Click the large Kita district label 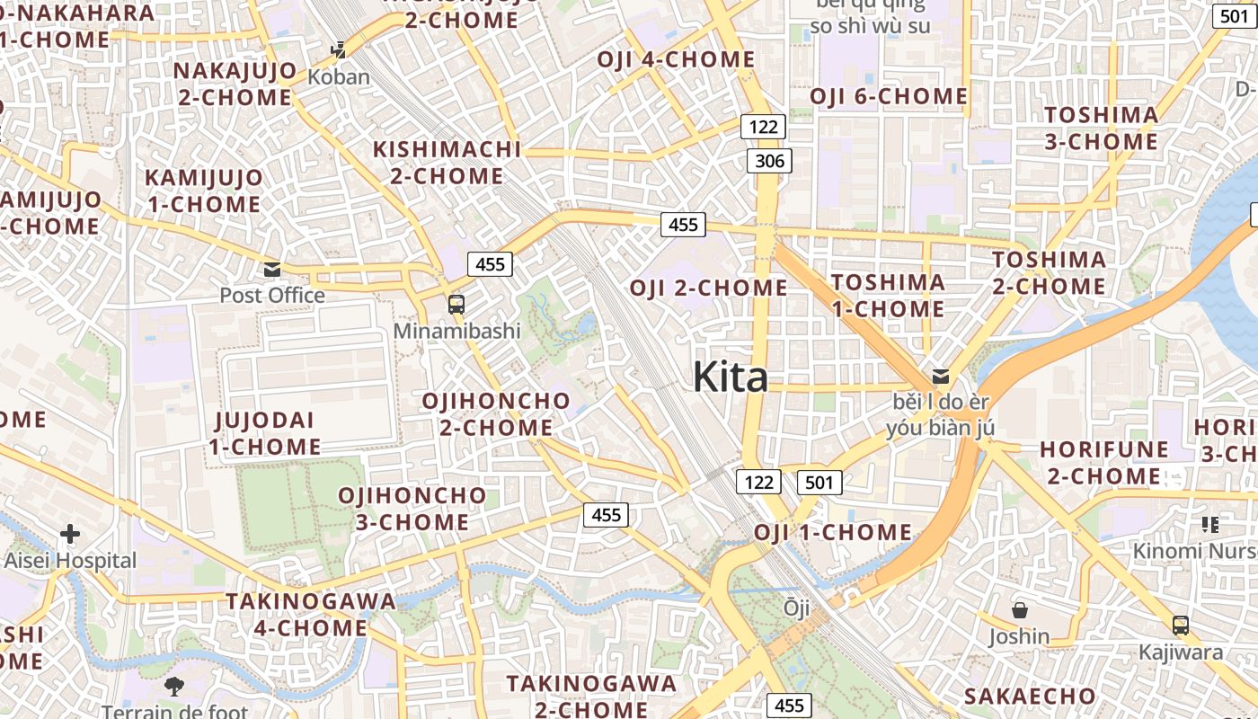click(730, 377)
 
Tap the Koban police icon click(339, 49)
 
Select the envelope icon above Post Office click(272, 269)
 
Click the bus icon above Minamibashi click(456, 304)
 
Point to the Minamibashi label click(456, 331)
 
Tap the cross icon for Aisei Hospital click(69, 534)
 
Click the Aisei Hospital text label click(70, 561)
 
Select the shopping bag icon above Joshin click(1020, 610)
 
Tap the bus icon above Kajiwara click(1181, 625)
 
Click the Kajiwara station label click(1181, 652)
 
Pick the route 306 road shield click(769, 162)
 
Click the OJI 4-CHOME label click(677, 59)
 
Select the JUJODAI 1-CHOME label click(265, 433)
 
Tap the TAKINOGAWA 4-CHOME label click(311, 614)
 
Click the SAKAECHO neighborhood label click(1030, 697)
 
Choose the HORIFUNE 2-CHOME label click(1104, 462)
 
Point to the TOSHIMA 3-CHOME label click(1102, 129)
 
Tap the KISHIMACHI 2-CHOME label click(447, 163)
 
